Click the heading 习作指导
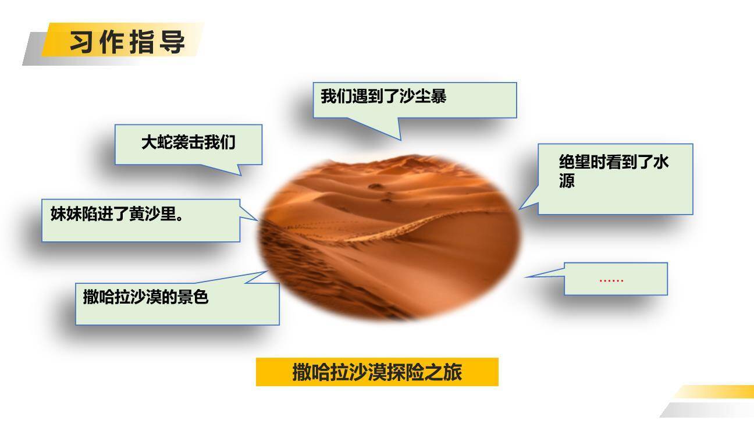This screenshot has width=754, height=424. [127, 42]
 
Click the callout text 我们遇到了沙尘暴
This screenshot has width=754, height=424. [383, 97]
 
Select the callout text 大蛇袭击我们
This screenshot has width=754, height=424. [188, 142]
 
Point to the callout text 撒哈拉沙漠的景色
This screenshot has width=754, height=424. [145, 298]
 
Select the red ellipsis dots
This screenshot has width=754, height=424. [611, 280]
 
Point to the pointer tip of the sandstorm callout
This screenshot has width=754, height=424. [401, 140]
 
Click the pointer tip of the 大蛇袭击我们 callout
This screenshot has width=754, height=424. [240, 174]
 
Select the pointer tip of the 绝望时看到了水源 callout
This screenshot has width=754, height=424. [520, 208]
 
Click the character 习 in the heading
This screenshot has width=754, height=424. [82, 42]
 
